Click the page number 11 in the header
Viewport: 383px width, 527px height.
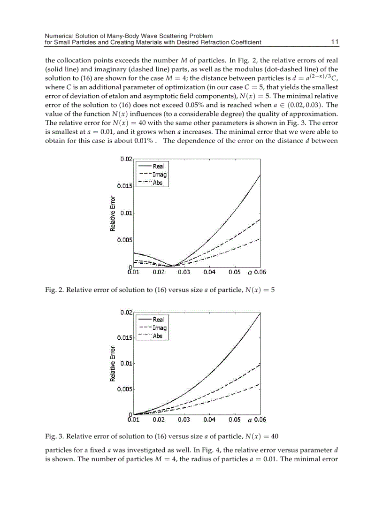coord(335,42)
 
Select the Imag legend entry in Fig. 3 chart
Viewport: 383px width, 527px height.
coord(160,328)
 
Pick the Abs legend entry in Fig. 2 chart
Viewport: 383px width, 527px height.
coord(158,183)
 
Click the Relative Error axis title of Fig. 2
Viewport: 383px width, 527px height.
coord(113,213)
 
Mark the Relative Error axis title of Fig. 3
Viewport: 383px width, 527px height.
coord(113,364)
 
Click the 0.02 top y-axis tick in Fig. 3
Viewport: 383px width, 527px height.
coord(127,312)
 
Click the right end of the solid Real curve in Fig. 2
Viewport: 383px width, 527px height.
coord(260,175)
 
